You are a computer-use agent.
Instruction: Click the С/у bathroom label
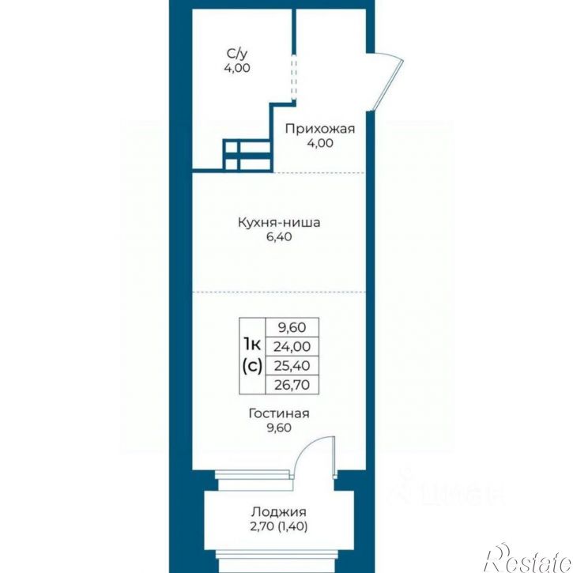[237, 54]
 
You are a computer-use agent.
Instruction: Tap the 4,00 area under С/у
[237, 68]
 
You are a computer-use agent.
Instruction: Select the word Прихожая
[320, 129]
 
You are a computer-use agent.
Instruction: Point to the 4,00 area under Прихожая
[320, 143]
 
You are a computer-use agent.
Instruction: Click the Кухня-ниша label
[279, 223]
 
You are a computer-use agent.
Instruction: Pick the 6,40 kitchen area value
[279, 237]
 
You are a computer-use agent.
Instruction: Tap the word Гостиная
[279, 413]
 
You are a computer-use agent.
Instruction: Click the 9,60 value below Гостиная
[279, 428]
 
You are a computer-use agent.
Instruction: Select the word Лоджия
[278, 512]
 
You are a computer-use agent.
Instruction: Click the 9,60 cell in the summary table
[292, 327]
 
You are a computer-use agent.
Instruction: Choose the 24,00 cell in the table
[292, 346]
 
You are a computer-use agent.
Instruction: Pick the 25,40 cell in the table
[292, 365]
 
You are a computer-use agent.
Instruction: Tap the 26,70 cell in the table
[292, 385]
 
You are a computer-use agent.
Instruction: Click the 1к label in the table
[252, 344]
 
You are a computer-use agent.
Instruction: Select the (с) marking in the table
[252, 365]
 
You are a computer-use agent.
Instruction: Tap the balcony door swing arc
[307, 448]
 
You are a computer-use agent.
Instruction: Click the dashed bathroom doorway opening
[293, 76]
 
